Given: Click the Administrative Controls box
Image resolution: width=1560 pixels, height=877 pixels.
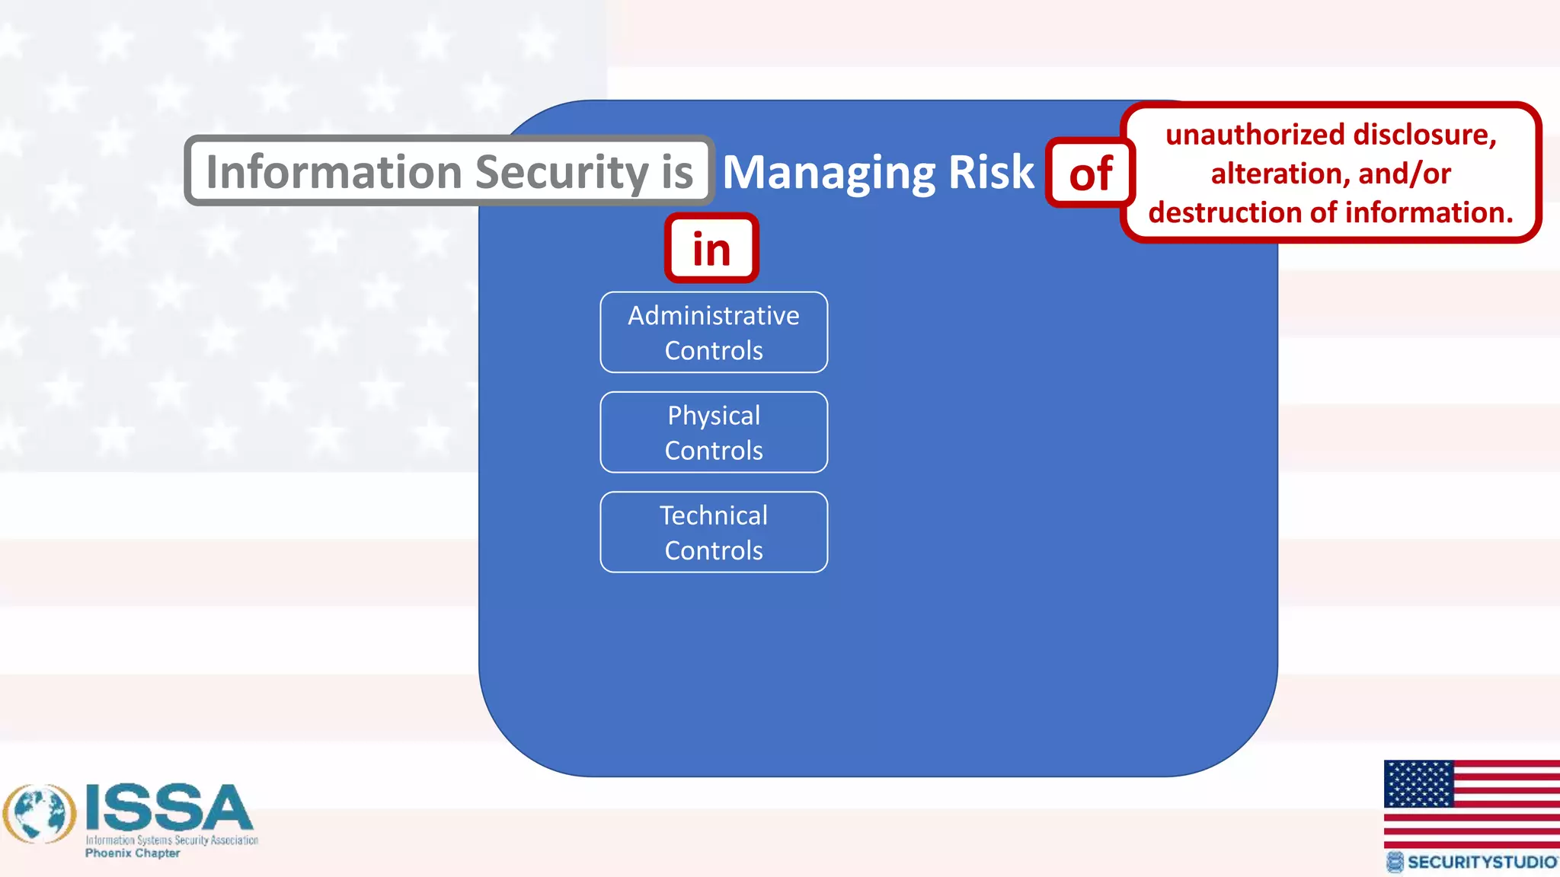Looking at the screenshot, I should pos(714,333).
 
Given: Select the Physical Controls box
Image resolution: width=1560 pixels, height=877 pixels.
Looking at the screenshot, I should pos(714,432).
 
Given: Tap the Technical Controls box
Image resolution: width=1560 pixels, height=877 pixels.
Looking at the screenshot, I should pos(714,532).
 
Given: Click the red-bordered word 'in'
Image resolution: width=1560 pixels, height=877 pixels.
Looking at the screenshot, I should pos(711,249).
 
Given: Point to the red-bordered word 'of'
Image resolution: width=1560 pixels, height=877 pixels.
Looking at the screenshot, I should pos(1090,174).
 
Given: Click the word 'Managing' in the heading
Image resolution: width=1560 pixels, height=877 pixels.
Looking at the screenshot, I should pos(828,173).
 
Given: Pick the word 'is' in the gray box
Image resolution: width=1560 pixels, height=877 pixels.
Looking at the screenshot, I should pos(677,172).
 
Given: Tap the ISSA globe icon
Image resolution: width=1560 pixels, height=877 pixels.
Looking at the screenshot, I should pos(40,814).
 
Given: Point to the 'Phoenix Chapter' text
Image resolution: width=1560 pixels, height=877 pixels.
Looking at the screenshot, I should pos(133,853).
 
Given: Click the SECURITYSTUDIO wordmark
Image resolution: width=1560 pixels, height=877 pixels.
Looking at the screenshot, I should pos(1481,862).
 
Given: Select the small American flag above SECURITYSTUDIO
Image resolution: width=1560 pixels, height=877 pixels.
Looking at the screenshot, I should pos(1471,803).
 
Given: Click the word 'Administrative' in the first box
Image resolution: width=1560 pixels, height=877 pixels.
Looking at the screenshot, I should pos(714,315).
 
